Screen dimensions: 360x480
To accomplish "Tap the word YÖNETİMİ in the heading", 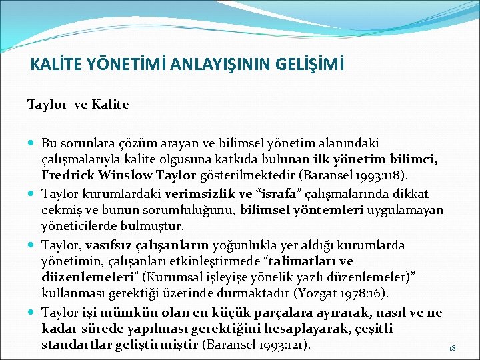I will (124, 65).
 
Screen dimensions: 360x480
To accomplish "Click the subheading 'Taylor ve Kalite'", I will (78, 105).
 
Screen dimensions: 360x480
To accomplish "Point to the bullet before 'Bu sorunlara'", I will (33, 143).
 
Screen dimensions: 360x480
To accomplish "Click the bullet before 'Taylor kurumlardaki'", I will (33, 194).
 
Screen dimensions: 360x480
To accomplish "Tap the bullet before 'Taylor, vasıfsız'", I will (33, 245).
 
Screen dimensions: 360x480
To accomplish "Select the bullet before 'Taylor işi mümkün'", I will (33, 312).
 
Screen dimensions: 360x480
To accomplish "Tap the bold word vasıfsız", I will (109, 244).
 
